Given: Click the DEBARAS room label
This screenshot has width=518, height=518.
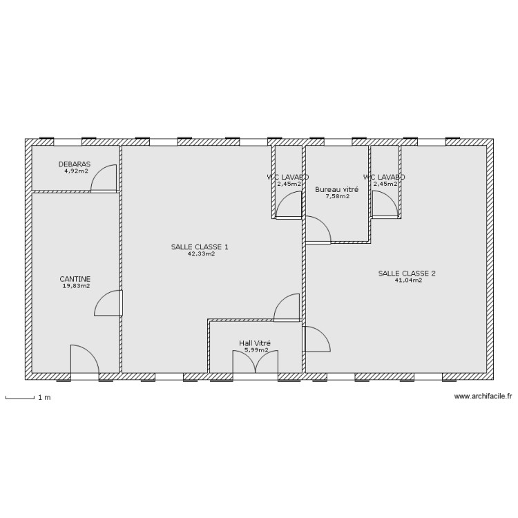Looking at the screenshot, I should click(75, 164).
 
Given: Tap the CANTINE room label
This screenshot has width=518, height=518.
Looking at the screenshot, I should click(75, 279).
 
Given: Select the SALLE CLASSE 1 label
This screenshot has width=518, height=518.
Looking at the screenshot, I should click(200, 247).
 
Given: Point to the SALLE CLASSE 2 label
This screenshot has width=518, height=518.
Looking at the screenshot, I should click(407, 273).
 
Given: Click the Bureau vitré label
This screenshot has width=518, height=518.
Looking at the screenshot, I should click(336, 189).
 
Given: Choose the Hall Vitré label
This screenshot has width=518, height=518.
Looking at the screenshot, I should click(254, 343).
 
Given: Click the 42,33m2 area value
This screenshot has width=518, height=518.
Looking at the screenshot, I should click(201, 253).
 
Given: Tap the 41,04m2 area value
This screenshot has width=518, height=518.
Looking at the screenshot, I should click(407, 280).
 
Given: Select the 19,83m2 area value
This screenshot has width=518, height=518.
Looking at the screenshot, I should click(76, 286).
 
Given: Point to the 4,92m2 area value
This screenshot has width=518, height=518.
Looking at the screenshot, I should click(76, 171).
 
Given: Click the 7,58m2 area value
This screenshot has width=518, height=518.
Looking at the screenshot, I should click(337, 196).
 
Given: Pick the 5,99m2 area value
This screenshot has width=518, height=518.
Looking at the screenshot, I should click(256, 350).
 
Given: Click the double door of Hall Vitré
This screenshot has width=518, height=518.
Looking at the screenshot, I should click(256, 363).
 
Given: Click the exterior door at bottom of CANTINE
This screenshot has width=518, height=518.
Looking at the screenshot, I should click(84, 360).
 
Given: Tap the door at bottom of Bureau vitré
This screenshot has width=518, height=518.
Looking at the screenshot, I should click(318, 231).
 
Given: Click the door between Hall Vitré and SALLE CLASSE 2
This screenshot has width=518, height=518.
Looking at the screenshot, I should click(316, 339).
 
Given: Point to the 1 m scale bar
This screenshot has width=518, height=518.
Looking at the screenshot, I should click(20, 398).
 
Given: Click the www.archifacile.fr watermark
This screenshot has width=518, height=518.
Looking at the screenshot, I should click(483, 396).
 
